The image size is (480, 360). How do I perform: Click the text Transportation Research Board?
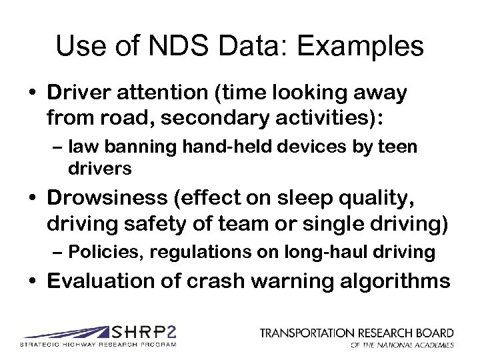357,332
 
